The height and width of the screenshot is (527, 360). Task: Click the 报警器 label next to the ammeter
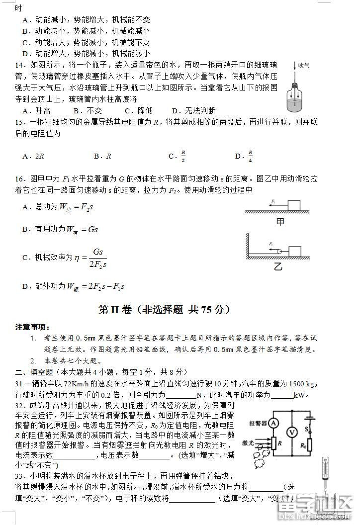[x=257, y=423]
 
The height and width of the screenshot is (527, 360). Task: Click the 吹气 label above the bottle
[x=304, y=65]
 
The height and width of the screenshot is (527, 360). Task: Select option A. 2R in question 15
[x=33, y=156]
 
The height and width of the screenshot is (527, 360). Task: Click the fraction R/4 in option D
[x=250, y=156]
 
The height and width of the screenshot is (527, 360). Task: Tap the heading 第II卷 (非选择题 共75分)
[x=165, y=310]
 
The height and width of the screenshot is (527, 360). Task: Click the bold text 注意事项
[x=32, y=327]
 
